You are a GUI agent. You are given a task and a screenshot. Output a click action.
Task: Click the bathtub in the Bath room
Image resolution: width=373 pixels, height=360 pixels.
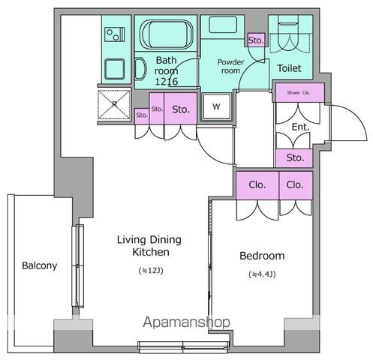tap(166, 34)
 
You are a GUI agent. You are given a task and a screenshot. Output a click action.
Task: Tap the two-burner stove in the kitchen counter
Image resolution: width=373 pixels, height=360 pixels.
tap(115, 34)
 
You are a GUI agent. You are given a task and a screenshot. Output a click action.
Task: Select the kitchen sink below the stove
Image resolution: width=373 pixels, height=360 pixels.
tap(115, 69)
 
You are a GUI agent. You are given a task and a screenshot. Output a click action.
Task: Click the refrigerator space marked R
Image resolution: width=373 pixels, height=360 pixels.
tap(114, 104)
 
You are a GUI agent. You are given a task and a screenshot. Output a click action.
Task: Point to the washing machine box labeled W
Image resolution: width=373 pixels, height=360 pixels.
tap(216, 106)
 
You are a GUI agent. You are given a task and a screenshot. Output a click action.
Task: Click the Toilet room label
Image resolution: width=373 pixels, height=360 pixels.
tap(289, 68)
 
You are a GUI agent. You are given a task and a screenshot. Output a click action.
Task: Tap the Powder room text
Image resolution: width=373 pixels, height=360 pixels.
tap(230, 66)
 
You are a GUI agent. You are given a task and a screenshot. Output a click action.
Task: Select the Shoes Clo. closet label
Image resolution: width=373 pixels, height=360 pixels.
tap(299, 93)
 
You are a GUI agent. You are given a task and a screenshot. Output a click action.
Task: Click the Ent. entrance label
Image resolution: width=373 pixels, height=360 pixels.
tap(300, 127)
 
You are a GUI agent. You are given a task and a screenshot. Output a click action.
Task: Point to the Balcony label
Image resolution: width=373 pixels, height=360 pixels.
tap(40, 265)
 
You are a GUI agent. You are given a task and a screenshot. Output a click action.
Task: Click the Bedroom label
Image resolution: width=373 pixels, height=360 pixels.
tap(262, 256)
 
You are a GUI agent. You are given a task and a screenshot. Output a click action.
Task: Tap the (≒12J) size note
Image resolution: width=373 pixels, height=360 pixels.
tap(151, 271)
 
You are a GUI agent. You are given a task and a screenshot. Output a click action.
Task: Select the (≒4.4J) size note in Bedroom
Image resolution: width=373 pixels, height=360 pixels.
tap(262, 274)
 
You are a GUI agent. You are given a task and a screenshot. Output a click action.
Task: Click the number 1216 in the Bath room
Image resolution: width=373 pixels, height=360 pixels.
tap(167, 82)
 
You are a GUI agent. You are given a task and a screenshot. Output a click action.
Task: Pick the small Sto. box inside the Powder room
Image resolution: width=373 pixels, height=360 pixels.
tap(256, 40)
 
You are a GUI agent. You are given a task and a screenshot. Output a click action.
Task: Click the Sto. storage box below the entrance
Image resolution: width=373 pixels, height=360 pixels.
tap(294, 157)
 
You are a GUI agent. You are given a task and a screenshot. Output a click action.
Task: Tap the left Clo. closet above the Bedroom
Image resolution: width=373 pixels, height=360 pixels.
tap(257, 185)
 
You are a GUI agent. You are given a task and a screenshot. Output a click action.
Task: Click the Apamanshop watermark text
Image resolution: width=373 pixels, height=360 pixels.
tap(186, 322)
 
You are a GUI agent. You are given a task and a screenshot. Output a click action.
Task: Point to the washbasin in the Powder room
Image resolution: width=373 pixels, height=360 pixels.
tap(223, 25)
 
